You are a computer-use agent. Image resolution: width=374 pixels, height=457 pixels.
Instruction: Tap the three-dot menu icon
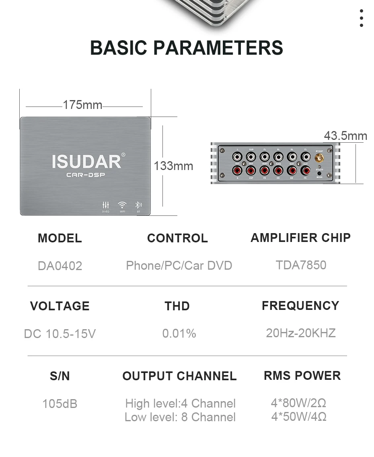point(362,18)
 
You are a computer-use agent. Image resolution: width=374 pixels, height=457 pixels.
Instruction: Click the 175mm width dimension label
point(82,105)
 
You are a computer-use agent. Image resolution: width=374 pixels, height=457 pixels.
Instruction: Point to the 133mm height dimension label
point(173,166)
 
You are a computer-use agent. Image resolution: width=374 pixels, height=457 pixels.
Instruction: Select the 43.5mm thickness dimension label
point(345,136)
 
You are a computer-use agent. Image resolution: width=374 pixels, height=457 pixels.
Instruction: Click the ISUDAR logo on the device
point(86,161)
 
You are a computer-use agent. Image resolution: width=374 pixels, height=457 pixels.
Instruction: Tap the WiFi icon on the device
point(122,205)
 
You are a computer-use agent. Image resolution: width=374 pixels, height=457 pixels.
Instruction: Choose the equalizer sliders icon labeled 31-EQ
point(106,205)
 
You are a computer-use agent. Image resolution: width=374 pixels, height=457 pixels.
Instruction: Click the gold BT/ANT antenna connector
point(319,157)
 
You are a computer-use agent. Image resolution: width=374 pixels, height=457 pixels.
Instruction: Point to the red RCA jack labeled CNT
point(251,171)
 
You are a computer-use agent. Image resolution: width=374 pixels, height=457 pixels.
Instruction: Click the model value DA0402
point(60,266)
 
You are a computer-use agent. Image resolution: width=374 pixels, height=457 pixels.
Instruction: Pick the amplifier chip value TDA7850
point(301,265)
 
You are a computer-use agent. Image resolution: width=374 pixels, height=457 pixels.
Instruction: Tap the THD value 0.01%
point(179,333)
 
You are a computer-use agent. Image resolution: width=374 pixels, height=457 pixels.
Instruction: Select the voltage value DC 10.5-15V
point(60,334)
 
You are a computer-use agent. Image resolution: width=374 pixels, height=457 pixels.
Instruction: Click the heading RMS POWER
point(302,375)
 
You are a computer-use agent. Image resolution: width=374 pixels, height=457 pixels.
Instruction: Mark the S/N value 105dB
point(60,403)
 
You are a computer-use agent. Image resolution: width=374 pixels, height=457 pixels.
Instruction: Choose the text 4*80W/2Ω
point(299,403)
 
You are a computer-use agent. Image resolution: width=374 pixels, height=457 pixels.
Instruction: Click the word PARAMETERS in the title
point(218,47)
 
